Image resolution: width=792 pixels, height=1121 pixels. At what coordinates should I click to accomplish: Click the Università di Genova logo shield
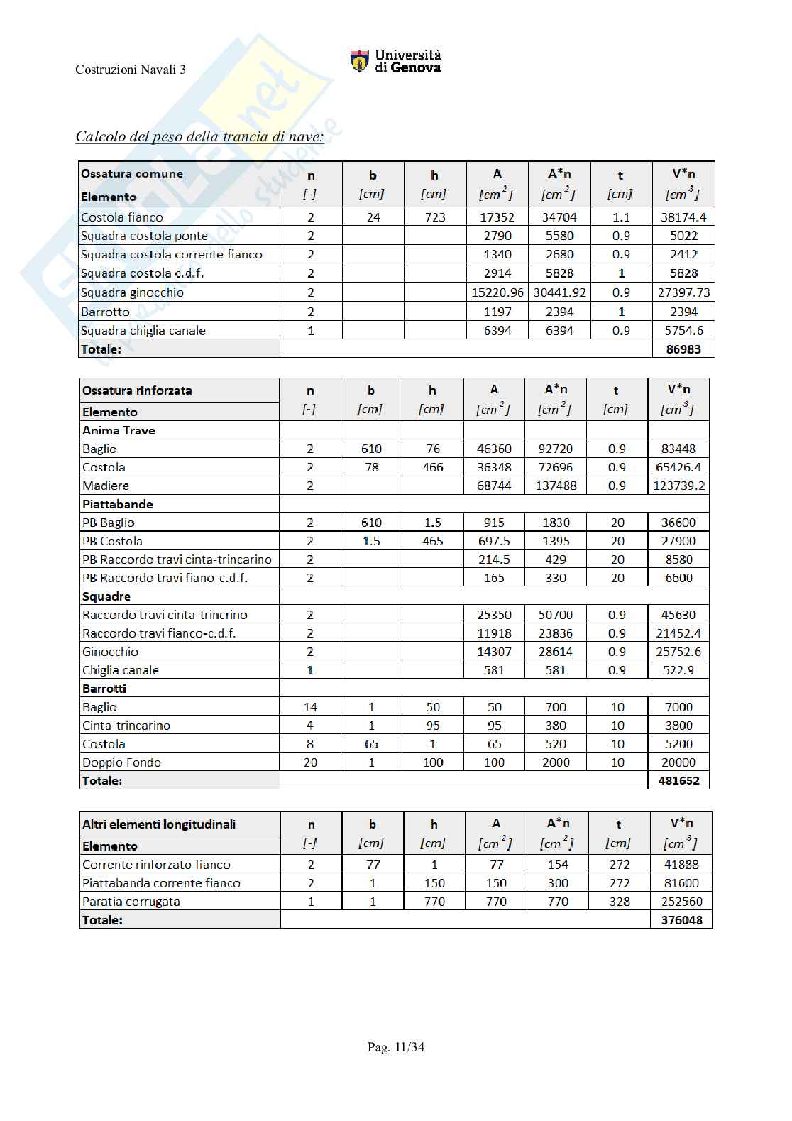[360, 60]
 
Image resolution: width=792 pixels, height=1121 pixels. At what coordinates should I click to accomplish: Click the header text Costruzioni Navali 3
[131, 70]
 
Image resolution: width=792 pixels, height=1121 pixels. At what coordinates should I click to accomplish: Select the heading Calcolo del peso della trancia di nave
[199, 136]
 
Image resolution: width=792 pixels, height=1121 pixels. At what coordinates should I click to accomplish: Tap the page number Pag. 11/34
[396, 1047]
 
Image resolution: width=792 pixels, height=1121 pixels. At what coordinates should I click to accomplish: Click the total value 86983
[683, 349]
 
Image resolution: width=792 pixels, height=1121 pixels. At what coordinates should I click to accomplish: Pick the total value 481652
[678, 781]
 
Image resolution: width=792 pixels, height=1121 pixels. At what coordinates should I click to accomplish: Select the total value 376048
[681, 920]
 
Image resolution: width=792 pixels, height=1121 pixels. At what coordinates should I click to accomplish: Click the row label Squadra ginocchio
[132, 292]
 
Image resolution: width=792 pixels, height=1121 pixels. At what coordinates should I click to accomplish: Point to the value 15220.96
[497, 292]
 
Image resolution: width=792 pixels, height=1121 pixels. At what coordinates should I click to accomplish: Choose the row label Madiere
[106, 486]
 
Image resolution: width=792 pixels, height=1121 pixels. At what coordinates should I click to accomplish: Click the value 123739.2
[678, 486]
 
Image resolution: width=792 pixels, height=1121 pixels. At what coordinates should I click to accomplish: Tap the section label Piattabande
[118, 504]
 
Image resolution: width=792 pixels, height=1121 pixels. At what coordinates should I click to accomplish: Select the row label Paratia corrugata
[131, 902]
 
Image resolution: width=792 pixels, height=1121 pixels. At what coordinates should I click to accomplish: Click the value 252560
[681, 902]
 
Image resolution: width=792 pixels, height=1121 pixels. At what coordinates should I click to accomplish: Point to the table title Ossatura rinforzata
[137, 390]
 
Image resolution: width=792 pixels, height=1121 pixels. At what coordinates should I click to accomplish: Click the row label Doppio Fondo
[121, 762]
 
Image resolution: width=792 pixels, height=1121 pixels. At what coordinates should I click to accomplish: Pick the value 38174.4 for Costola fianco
[683, 217]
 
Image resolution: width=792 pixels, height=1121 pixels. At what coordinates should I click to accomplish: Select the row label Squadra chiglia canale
[143, 331]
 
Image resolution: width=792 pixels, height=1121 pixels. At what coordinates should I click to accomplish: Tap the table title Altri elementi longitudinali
[159, 824]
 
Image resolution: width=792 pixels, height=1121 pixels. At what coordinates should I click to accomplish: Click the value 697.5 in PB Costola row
[494, 541]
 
